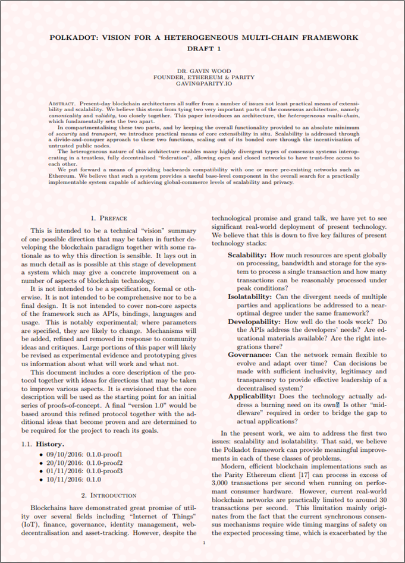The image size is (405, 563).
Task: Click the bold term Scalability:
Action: [249, 254]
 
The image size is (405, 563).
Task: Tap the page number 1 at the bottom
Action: [203, 543]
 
